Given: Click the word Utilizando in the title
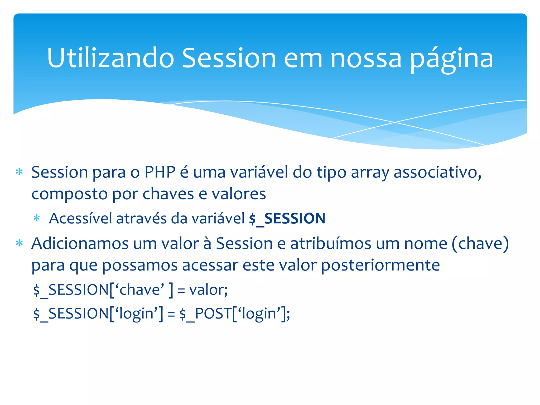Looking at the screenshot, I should point(110,58).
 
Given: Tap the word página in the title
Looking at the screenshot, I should point(451,59).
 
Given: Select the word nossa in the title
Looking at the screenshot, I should point(366,58).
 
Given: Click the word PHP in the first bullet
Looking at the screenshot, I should point(160,172).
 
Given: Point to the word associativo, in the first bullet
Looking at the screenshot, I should point(437,172).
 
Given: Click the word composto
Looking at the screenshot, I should point(70,194).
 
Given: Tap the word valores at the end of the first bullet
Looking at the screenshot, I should point(239,194).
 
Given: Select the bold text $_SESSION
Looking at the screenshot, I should point(287,219).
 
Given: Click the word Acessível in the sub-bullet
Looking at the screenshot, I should point(80,219).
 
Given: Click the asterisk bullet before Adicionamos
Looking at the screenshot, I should point(19,243).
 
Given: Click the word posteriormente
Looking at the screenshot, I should point(380,265).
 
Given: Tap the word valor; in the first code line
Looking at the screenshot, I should point(208,290).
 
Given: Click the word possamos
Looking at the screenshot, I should point(140,265).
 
